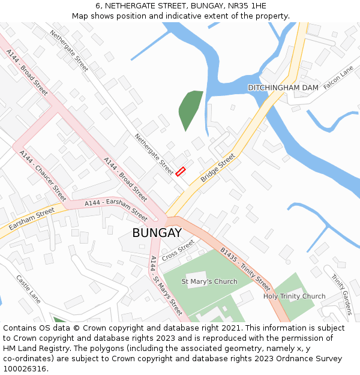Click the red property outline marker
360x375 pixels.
click(181, 172)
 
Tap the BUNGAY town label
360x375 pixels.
click(157, 232)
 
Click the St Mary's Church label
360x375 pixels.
click(209, 281)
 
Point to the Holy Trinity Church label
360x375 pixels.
click(294, 296)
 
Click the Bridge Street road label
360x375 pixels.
click(218, 169)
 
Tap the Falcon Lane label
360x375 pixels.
click(338, 79)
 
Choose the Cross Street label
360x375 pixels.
click(178, 250)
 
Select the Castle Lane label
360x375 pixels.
click(28, 289)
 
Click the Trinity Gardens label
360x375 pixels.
click(341, 294)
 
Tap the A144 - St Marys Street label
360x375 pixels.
click(166, 286)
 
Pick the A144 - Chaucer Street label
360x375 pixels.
click(43, 175)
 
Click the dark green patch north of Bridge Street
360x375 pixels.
click(190, 109)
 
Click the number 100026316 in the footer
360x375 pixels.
click(25, 369)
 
